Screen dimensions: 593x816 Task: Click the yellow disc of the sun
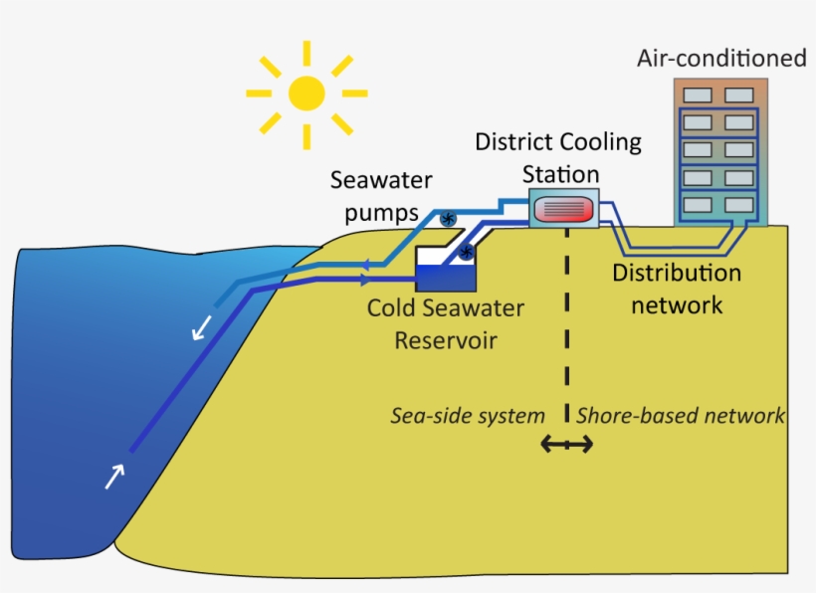(x=306, y=94)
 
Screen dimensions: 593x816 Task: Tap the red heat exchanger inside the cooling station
(x=563, y=209)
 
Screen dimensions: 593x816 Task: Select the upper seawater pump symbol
(x=448, y=218)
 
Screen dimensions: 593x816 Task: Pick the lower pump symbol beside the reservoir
(x=465, y=256)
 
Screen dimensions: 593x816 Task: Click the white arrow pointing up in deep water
(x=115, y=477)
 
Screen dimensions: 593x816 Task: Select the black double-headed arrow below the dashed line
(x=566, y=444)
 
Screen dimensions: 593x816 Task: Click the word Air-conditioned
(x=721, y=59)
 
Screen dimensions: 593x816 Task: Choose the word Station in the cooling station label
(x=562, y=174)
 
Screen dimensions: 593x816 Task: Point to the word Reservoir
(x=445, y=340)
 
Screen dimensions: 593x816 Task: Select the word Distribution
(x=676, y=273)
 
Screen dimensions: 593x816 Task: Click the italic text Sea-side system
(x=467, y=415)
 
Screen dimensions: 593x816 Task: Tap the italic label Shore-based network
(x=681, y=415)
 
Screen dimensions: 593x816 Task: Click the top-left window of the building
(x=697, y=96)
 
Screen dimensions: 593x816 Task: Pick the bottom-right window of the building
(x=738, y=204)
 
